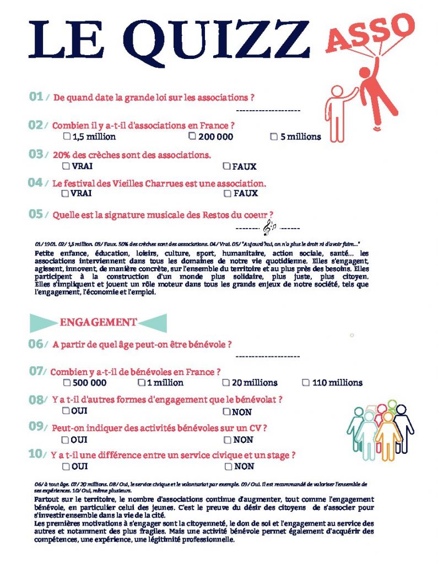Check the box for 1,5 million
tap(67, 136)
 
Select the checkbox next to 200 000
tap(192, 135)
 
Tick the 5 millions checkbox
tap(274, 137)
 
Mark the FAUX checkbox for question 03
tap(226, 166)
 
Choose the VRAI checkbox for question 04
tap(66, 193)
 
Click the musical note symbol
tap(270, 226)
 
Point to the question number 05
tap(36, 214)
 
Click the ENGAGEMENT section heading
tap(98, 322)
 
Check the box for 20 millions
tap(226, 382)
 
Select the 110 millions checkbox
tap(306, 382)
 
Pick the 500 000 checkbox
tap(67, 382)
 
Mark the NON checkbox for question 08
tap(226, 411)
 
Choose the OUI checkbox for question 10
tap(66, 467)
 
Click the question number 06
tap(36, 344)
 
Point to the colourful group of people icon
tap(380, 430)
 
